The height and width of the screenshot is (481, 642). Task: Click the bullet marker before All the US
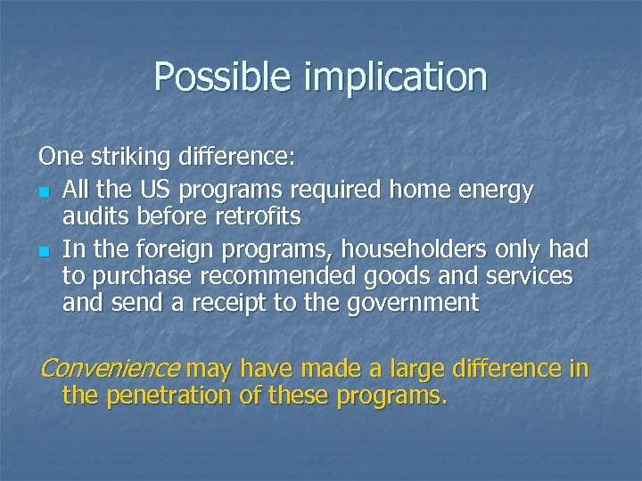coord(45,192)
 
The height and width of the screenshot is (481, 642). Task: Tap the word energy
coord(494,191)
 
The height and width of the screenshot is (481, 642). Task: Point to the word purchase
coord(134,277)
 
